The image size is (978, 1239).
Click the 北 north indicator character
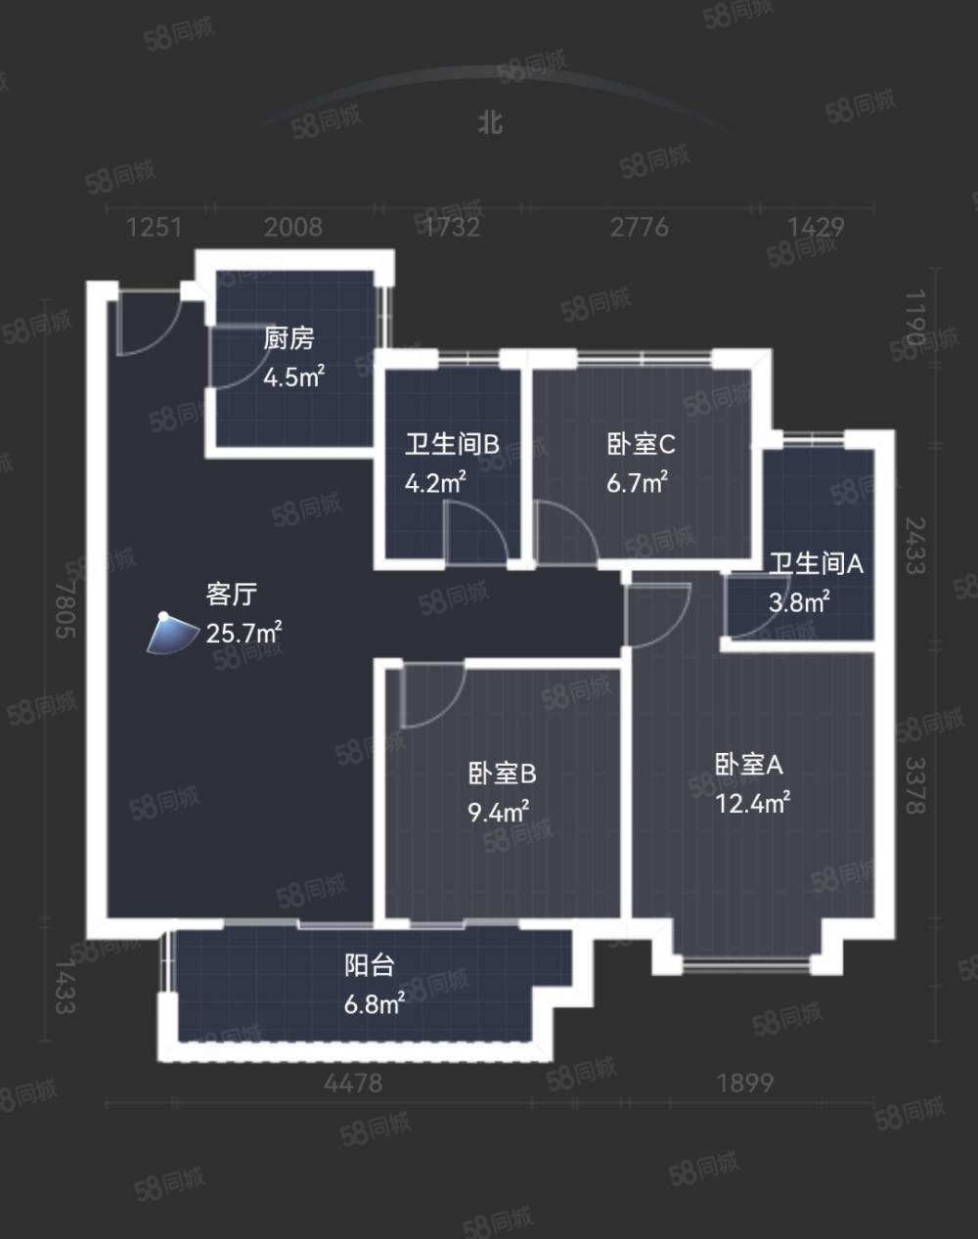490,122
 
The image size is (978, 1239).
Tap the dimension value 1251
154,228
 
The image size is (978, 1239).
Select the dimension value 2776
640,228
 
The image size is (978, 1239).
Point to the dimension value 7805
66,608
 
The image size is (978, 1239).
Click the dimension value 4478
353,1084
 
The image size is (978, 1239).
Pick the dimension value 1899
744,1084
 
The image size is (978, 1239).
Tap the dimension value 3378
915,785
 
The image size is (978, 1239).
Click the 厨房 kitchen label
289,338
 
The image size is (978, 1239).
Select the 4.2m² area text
435,482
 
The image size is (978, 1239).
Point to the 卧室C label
641,444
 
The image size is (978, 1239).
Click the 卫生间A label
817,563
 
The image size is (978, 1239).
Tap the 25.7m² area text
244,633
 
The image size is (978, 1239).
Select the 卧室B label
503,774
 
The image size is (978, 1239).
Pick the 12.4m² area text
753,803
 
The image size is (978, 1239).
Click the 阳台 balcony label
370,965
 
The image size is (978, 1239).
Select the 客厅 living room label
232,595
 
